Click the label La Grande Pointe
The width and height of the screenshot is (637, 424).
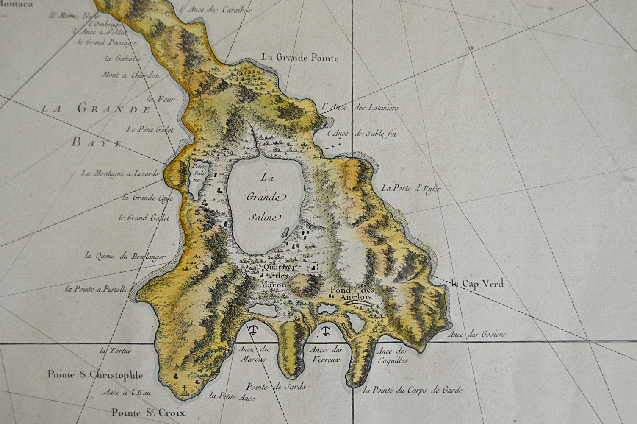point(300,58)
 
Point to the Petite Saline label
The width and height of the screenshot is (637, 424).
point(198,172)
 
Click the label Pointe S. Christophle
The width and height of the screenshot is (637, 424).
point(95,375)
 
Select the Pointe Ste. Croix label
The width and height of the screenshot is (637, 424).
point(148,412)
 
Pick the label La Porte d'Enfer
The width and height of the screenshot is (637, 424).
point(409,189)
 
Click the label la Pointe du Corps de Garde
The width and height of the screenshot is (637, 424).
point(413,390)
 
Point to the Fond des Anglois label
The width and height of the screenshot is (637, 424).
point(353,293)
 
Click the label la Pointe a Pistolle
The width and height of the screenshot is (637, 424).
point(96,290)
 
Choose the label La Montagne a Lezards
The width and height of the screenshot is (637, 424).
point(120,173)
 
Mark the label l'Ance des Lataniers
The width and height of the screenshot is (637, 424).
point(360,108)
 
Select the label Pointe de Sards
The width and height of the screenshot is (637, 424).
point(276,386)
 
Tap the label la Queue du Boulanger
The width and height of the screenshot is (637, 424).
point(125,256)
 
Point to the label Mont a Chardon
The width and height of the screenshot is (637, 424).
point(130,75)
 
